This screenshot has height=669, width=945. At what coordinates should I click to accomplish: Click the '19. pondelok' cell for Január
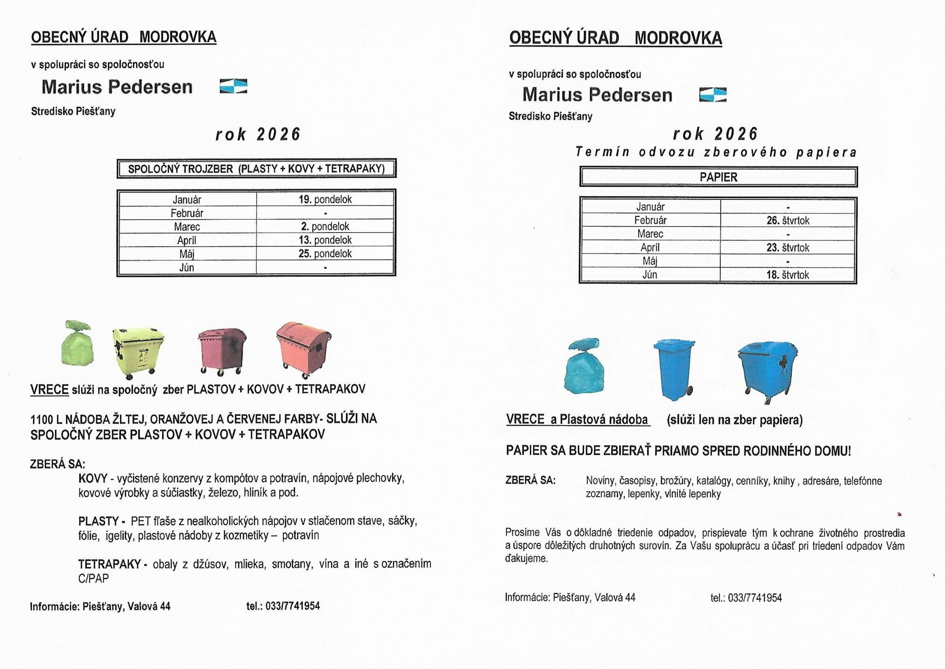(x=325, y=199)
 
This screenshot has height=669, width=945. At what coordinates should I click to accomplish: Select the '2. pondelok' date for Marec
(x=325, y=227)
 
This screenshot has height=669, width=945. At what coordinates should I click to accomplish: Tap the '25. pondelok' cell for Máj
(x=325, y=254)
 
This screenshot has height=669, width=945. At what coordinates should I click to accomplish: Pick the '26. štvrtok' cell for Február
(x=788, y=221)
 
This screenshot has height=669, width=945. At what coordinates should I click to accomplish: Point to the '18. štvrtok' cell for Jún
(x=787, y=275)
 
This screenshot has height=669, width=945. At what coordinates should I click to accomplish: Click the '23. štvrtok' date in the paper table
(x=788, y=248)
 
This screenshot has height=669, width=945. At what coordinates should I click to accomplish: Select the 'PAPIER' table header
(x=718, y=177)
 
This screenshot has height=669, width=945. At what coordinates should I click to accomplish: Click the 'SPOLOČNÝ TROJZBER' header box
(x=256, y=169)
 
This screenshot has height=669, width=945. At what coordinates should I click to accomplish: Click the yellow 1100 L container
(x=138, y=352)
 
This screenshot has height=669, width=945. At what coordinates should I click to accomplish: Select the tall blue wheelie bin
(x=674, y=369)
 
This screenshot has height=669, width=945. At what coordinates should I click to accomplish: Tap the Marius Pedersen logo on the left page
(x=233, y=86)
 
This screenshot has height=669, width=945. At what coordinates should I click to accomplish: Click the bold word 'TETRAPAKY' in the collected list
(x=109, y=564)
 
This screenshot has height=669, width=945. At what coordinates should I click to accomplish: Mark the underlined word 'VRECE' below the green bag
(x=49, y=390)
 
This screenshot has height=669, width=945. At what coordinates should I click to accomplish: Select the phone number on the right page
(x=746, y=598)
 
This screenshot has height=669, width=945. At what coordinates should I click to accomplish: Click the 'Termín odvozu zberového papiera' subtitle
(x=716, y=152)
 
